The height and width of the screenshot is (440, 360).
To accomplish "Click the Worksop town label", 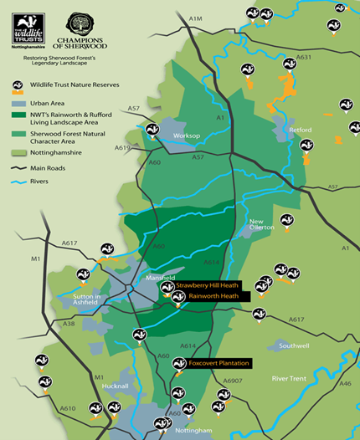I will point(185,134).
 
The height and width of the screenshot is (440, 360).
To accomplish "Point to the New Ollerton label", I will point(261,225).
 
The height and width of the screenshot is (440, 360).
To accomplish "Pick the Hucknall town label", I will point(109,386).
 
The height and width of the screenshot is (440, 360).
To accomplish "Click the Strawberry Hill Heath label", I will point(208,285).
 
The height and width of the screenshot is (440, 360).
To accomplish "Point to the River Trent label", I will point(291,379).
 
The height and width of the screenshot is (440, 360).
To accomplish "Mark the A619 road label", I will point(124,147).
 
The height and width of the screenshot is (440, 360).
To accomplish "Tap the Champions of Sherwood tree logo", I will point(80,23).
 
